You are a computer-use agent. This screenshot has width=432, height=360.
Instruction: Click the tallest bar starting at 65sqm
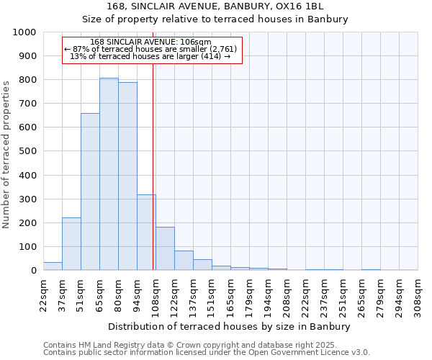coord(109,174)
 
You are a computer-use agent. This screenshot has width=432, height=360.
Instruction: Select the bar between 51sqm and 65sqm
coord(90,192)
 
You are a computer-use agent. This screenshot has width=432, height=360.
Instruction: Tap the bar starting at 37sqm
coord(71,244)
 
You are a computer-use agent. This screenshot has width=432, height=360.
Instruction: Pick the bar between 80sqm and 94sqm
coord(127,176)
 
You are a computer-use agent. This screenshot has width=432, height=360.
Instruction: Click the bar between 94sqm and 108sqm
coord(146,233)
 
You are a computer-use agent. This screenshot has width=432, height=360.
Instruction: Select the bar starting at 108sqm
coord(165,248)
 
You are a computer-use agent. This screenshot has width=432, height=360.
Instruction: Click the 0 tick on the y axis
coord(34,271)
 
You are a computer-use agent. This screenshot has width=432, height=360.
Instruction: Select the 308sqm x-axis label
coord(418,294)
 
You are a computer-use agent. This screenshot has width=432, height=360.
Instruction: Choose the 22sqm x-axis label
coord(44,294)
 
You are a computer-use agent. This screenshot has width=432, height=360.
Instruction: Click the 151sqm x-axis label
coord(212,294)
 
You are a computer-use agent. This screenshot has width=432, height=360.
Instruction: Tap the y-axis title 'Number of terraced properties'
coord(6,154)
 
